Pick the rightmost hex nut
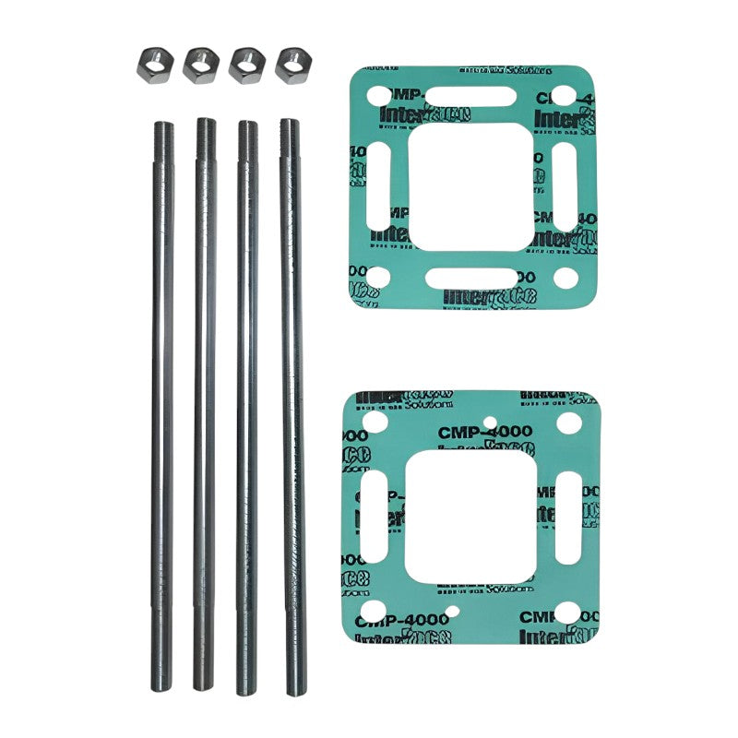[x=292, y=63]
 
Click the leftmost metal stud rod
[x=162, y=406]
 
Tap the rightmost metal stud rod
[x=292, y=406]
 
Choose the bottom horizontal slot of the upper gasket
[x=471, y=278]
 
